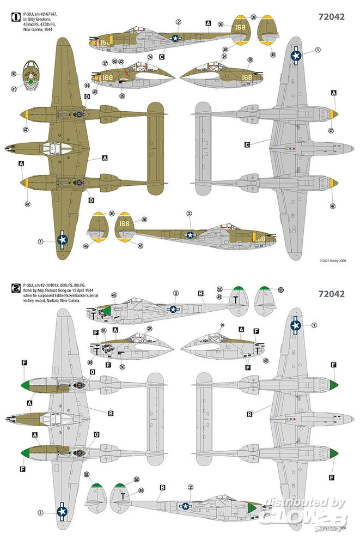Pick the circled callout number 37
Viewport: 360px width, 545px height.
(x=105, y=63)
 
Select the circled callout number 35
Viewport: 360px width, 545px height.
(x=122, y=96)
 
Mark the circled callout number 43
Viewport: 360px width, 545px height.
(x=114, y=61)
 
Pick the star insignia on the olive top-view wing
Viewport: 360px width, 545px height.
(x=63, y=238)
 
